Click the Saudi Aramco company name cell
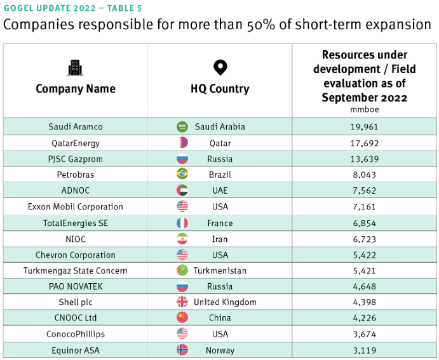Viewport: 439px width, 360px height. [x=76, y=127]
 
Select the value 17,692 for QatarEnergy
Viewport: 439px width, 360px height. [x=364, y=143]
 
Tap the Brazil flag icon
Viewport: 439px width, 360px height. [x=182, y=174]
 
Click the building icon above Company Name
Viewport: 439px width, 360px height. [x=76, y=68]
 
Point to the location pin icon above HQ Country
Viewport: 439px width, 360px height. [x=220, y=67]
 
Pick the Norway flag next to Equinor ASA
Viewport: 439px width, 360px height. [x=182, y=350]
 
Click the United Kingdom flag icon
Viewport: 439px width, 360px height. [x=182, y=302]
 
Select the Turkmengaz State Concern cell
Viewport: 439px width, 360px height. [x=76, y=270]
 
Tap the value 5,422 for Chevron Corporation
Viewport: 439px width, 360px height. [x=364, y=255]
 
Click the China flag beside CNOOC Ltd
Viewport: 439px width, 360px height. [x=182, y=317]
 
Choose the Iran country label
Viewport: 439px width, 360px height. [x=220, y=239]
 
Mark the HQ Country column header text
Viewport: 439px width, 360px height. [x=220, y=89]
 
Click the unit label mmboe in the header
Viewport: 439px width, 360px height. [x=365, y=109]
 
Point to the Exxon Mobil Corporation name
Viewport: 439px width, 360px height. [x=76, y=206]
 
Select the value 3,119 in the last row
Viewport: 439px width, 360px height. [x=364, y=350]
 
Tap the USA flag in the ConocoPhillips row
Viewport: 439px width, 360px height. [x=182, y=334]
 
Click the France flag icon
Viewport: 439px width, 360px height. [x=182, y=223]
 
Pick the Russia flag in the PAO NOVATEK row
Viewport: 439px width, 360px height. [x=182, y=286]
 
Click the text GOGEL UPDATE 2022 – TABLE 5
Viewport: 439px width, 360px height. [x=73, y=8]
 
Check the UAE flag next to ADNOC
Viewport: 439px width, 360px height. [x=182, y=190]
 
